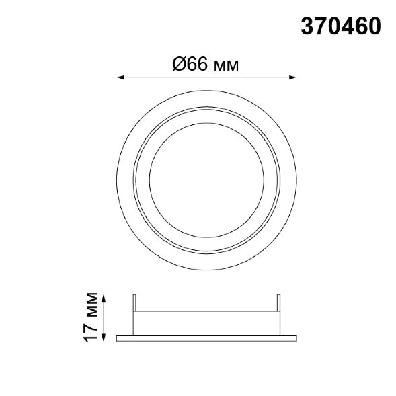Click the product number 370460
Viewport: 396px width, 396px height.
[341, 26]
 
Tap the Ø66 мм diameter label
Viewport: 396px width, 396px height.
[206, 64]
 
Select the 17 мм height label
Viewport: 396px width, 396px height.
[90, 317]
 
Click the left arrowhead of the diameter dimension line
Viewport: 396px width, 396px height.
[120, 77]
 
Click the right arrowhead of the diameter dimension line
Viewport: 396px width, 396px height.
[292, 77]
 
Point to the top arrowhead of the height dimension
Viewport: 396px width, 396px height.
[104, 298]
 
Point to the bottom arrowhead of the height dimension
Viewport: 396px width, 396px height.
[104, 338]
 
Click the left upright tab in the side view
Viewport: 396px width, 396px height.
[134, 303]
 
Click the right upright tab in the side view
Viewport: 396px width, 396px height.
[278, 303]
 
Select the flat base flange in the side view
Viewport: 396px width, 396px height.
[206, 338]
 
